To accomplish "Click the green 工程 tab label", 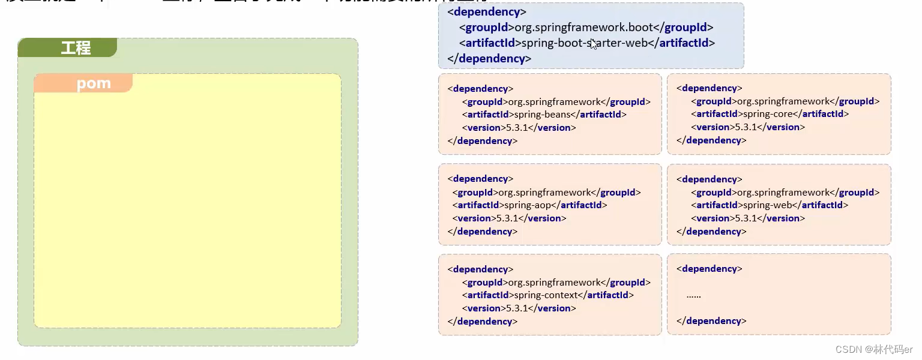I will [x=76, y=48].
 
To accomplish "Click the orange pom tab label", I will [x=94, y=83].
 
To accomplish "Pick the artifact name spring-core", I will [x=763, y=114].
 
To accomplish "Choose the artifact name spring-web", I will [x=762, y=205].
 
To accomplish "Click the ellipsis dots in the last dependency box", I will [x=693, y=295].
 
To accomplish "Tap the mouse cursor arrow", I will [x=593, y=44].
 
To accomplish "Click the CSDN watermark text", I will [x=875, y=349].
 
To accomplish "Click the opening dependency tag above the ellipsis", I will [x=709, y=269].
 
